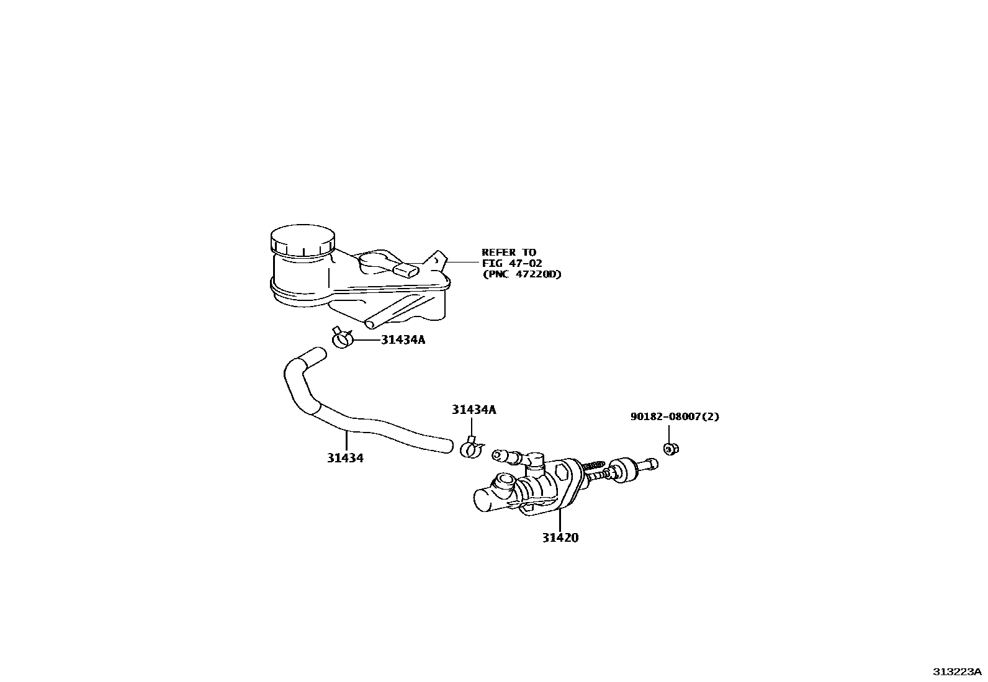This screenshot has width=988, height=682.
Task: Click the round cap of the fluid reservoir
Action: click(303, 241)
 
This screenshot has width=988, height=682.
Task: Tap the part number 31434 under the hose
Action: click(346, 459)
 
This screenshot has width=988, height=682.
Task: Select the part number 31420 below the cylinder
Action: click(559, 538)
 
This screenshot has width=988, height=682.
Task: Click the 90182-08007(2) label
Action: click(675, 417)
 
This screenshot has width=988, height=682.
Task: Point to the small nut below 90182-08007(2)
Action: click(670, 448)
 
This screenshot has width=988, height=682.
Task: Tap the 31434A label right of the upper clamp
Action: click(403, 340)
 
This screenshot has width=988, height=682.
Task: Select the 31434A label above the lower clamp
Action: click(474, 410)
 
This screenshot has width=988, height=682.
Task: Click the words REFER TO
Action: click(509, 253)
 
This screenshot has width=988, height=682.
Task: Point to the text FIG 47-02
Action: click(513, 263)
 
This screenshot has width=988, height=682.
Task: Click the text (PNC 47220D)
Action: click(522, 274)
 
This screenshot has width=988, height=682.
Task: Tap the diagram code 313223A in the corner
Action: click(957, 672)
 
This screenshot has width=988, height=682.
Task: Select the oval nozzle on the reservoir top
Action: click(407, 270)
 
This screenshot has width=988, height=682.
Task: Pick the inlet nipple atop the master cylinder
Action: click(506, 456)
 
